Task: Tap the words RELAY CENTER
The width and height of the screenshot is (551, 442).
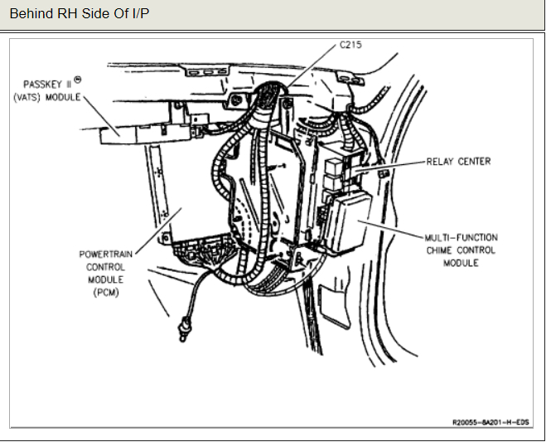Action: pyautogui.click(x=459, y=162)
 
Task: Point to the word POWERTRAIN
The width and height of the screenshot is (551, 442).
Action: pyautogui.click(x=106, y=255)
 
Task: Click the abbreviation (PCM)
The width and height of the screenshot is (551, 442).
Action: pyautogui.click(x=106, y=292)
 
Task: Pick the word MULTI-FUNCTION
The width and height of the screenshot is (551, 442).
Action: pyautogui.click(x=461, y=238)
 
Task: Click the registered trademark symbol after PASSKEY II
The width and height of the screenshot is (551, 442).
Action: pyautogui.click(x=79, y=79)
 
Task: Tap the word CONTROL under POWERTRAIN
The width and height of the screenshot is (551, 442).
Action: pyautogui.click(x=106, y=267)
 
